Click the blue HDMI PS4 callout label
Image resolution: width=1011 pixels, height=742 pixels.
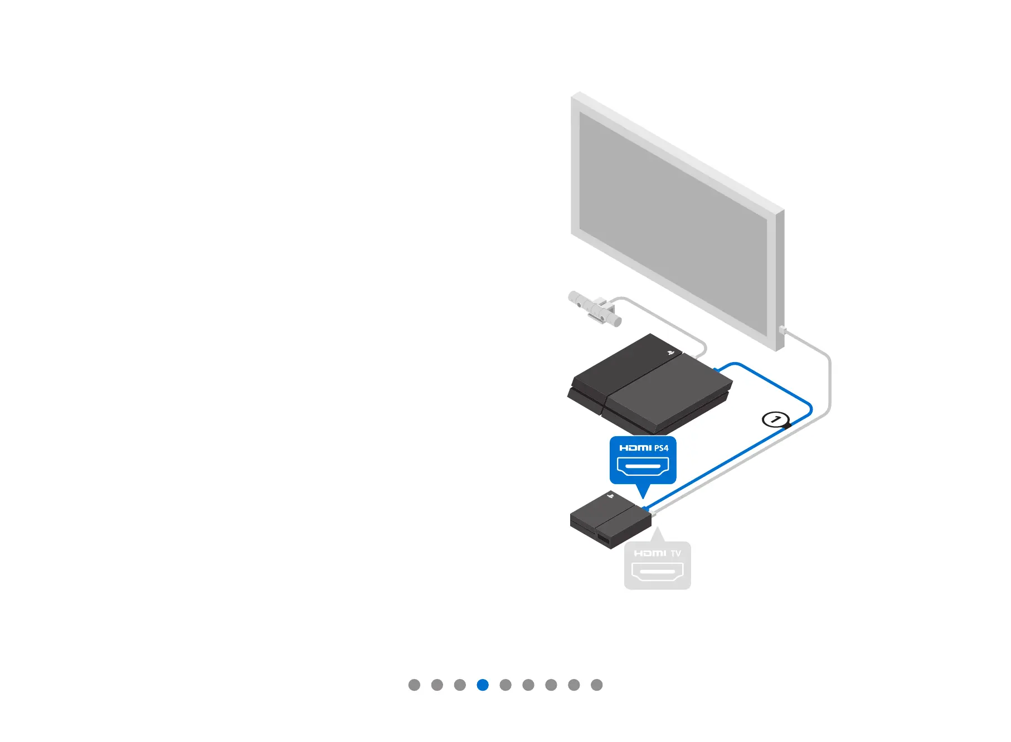click(643, 460)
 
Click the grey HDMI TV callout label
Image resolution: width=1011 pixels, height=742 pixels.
click(657, 565)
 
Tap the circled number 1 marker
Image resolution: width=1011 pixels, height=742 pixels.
click(775, 419)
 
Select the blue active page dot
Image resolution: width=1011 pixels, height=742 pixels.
click(483, 685)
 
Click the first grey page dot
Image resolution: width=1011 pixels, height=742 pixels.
click(414, 685)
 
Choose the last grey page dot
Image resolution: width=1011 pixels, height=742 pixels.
click(596, 685)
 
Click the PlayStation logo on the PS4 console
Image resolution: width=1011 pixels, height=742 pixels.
click(671, 353)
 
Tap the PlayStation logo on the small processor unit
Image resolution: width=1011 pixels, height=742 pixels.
click(610, 495)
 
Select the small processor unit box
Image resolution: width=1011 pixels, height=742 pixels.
click(610, 521)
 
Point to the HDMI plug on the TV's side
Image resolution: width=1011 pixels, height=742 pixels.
click(782, 330)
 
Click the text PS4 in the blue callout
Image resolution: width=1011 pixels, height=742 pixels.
click(661, 448)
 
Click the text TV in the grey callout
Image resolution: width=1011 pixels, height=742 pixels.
click(675, 553)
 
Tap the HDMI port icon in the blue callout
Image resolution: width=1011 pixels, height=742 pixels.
click(643, 467)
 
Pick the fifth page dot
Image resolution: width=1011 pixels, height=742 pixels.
click(505, 685)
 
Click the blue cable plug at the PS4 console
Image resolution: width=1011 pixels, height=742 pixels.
click(716, 369)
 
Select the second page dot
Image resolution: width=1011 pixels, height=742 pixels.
click(437, 685)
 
